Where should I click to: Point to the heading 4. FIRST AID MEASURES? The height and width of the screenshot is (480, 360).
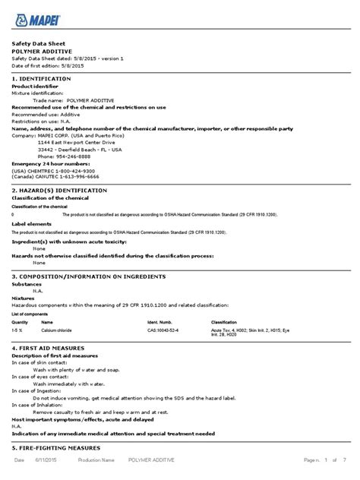[52, 347]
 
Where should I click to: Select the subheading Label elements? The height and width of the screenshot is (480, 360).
[32, 223]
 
